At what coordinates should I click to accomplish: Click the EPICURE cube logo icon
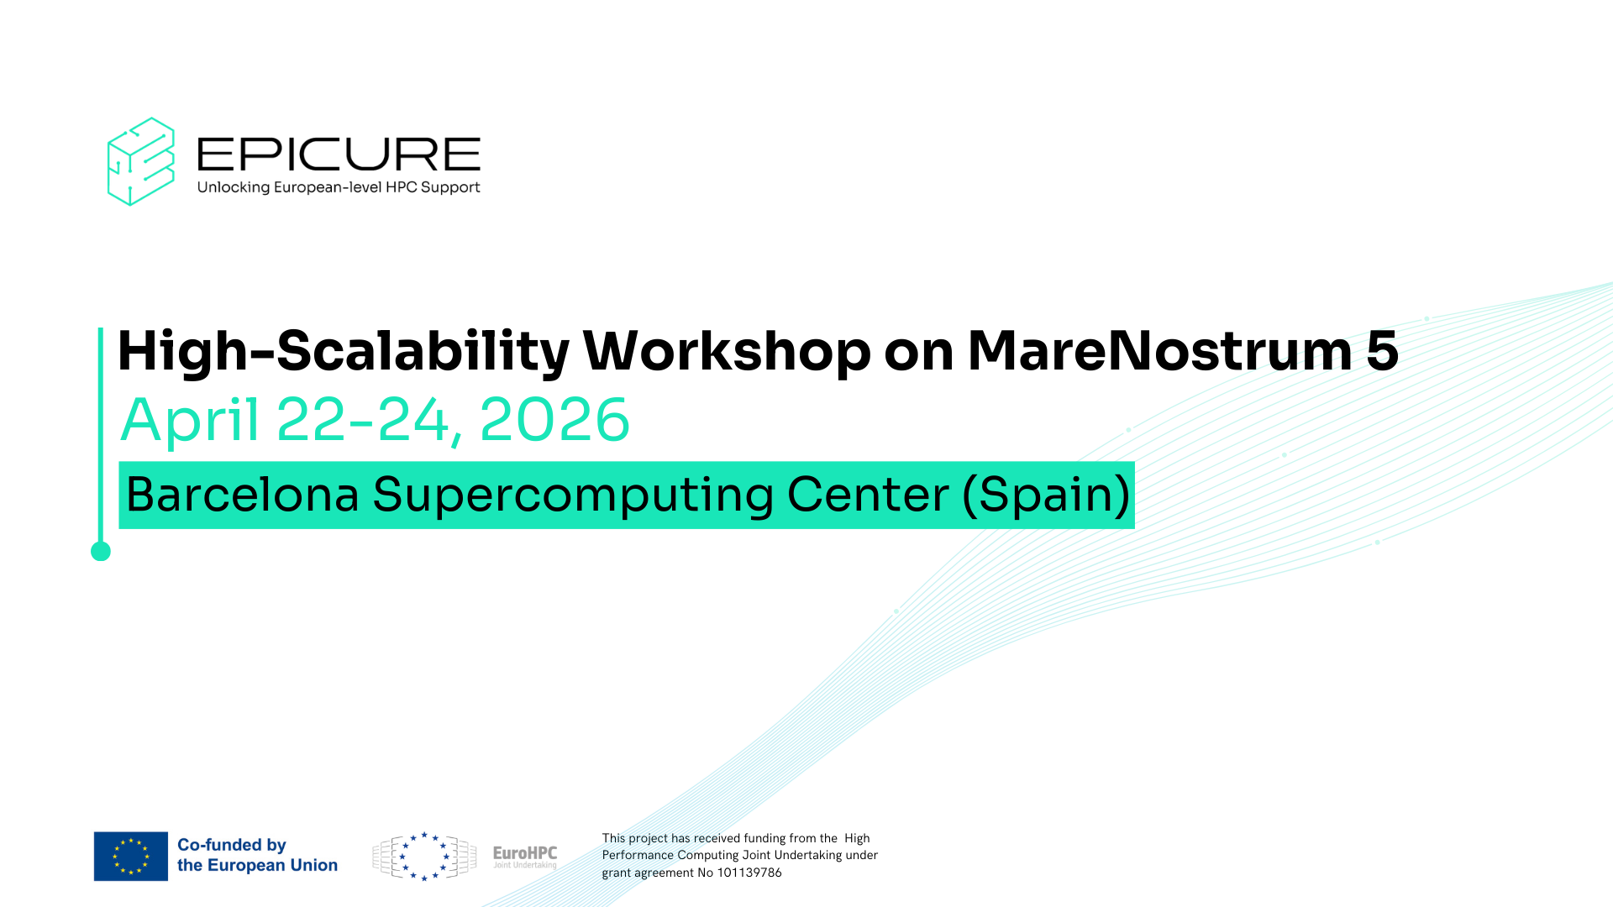pos(141,161)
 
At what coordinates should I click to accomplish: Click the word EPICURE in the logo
pos(339,155)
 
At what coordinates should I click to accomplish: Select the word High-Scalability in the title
pos(344,351)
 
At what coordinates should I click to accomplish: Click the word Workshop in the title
pos(727,351)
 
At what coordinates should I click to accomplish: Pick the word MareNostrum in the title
pos(1160,350)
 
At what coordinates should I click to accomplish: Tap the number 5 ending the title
pos(1382,351)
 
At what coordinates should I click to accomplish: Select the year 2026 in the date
pos(554,420)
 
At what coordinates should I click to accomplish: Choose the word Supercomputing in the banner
pos(573,495)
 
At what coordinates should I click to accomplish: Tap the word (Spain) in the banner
pos(1046,495)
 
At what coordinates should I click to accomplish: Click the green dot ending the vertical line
pos(101,551)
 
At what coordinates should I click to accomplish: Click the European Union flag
pos(131,857)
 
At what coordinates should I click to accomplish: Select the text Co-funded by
pos(232,845)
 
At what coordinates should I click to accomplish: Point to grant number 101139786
pos(749,873)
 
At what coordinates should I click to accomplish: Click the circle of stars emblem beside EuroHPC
pos(424,857)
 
